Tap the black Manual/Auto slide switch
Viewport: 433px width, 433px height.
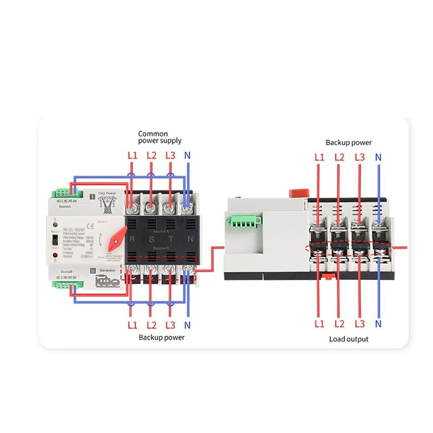(55, 240)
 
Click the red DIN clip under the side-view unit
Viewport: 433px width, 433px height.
(327, 277)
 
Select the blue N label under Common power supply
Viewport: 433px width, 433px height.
(188, 155)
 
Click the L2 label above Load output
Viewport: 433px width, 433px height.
(339, 324)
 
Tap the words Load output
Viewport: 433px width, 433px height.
(349, 339)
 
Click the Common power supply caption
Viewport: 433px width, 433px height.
(153, 137)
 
